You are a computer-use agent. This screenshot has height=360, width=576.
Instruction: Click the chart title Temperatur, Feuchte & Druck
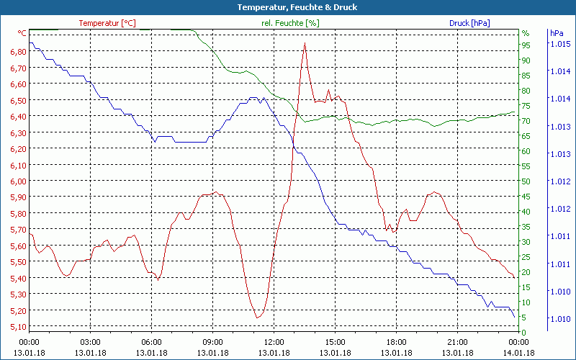coord(288,7)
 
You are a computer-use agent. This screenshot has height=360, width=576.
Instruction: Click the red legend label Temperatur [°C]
coord(107,23)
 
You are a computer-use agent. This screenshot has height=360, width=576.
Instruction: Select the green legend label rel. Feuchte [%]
coord(289,23)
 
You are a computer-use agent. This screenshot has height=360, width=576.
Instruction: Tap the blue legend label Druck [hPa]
coord(469,23)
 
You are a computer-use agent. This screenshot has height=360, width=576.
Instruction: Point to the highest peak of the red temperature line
coord(305,43)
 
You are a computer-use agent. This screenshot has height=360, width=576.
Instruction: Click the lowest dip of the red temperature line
coord(257,318)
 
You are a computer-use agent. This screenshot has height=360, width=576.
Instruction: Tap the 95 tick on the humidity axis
coord(526,45)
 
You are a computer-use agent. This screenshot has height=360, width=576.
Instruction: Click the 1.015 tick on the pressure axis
coord(561,44)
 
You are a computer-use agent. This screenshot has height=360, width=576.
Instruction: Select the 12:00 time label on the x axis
coord(274,342)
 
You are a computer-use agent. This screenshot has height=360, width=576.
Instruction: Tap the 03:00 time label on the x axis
coord(90,342)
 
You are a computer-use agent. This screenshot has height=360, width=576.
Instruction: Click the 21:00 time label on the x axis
coord(457,342)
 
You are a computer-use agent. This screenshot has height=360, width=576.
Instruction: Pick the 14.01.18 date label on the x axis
coord(518,353)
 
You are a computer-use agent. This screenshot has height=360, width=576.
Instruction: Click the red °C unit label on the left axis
coord(22,33)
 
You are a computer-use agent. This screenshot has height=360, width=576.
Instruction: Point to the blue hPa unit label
coord(556,33)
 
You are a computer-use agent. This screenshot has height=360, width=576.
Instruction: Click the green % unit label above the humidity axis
coord(525,33)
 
